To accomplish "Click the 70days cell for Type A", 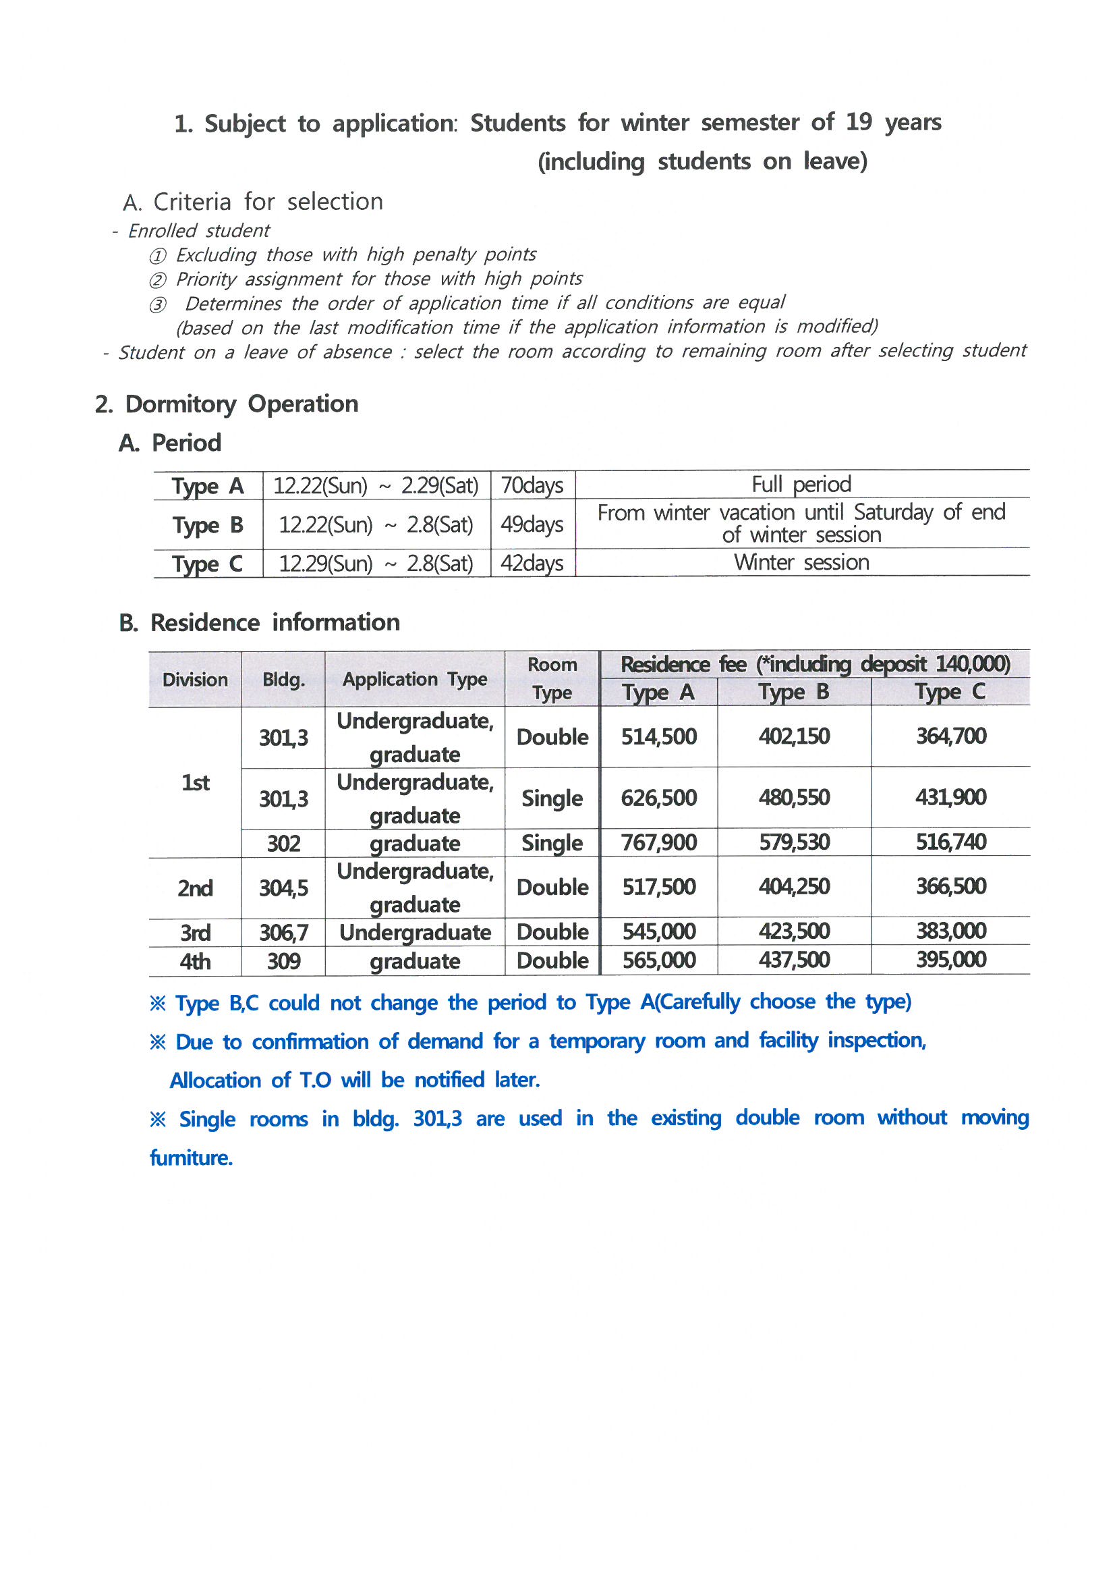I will [532, 485].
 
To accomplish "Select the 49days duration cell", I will [532, 524].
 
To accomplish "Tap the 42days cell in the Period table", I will [532, 564].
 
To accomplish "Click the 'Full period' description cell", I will [801, 485].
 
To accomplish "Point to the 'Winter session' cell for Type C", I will [801, 563].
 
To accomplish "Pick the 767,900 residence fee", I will [658, 842].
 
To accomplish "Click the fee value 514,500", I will [658, 737].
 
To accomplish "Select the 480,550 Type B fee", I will [793, 798].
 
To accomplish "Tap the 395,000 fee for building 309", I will [950, 960].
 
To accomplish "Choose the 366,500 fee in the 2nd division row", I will [950, 887].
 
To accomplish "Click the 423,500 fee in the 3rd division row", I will [793, 931].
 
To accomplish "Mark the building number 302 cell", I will [283, 843].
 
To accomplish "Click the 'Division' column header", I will [195, 680].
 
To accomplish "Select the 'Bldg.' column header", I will [283, 680].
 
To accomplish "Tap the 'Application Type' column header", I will [415, 680].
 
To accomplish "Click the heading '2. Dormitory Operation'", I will [227, 404].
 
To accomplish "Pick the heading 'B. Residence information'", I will [259, 623].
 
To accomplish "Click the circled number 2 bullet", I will [157, 280].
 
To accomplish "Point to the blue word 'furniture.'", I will [191, 1158].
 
